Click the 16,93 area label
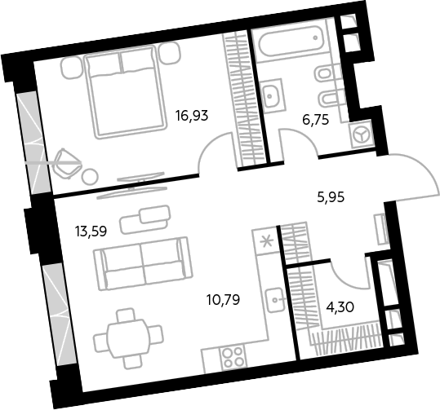192,116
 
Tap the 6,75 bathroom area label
315,120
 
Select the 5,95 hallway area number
331,197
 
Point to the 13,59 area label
91,231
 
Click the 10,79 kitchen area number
224,300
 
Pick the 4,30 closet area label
340,307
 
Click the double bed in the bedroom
124,91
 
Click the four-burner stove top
233,355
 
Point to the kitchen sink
275,300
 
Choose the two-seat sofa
144,264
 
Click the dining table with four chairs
128,338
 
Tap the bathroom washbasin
272,96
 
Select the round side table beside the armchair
91,176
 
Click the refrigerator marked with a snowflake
267,241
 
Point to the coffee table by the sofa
145,219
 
